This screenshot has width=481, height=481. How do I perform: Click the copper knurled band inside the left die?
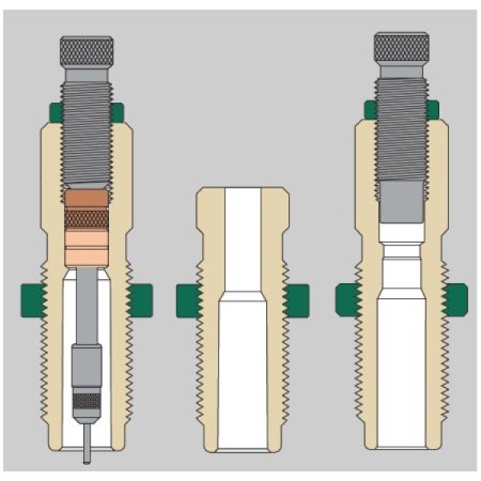[x=86, y=216]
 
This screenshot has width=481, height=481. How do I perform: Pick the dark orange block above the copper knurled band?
[x=86, y=198]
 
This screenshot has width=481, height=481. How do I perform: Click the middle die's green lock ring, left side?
[x=188, y=299]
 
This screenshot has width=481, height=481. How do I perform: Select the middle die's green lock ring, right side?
[x=296, y=299]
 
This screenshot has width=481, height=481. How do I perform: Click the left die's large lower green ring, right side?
[x=140, y=299]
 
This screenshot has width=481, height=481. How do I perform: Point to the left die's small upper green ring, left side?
[x=54, y=112]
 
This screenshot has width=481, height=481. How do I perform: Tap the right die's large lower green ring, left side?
[x=347, y=299]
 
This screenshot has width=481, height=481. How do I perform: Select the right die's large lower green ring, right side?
[x=457, y=299]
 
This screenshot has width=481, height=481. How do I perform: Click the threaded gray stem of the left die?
[x=86, y=136]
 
